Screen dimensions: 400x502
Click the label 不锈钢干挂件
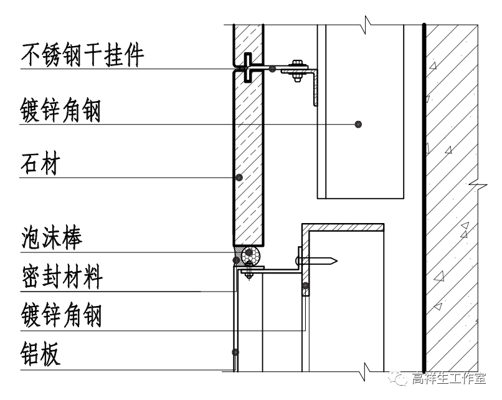[83, 55]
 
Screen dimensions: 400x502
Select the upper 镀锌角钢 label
[60, 112]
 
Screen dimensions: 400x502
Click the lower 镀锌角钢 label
[60, 316]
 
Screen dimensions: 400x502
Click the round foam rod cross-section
[252, 255]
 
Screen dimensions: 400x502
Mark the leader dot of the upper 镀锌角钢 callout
[358, 124]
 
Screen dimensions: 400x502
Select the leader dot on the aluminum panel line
[235, 352]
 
